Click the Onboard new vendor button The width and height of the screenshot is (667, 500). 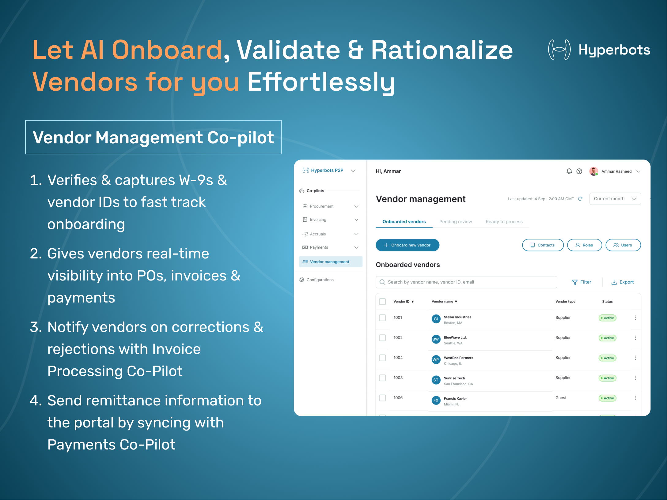click(x=407, y=245)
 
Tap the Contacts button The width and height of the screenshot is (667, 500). click(x=543, y=245)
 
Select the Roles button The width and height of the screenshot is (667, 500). click(x=584, y=245)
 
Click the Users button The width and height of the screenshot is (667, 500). click(x=623, y=245)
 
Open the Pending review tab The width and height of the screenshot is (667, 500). click(x=456, y=222)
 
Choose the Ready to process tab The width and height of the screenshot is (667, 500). click(x=504, y=222)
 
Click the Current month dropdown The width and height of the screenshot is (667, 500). click(x=615, y=199)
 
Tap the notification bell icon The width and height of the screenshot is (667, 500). click(x=569, y=171)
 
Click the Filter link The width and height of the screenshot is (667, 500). click(x=582, y=282)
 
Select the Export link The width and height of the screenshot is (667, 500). click(x=622, y=282)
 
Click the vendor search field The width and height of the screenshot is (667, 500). click(x=466, y=282)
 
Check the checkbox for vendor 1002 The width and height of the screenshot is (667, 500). click(x=382, y=338)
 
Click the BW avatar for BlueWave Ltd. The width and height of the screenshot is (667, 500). click(x=436, y=339)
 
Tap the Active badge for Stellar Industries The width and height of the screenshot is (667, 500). click(x=607, y=318)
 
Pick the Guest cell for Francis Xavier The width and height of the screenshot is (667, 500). click(x=561, y=398)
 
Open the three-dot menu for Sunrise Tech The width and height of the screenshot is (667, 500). click(x=635, y=378)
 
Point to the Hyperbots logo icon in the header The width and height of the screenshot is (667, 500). click(x=559, y=50)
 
